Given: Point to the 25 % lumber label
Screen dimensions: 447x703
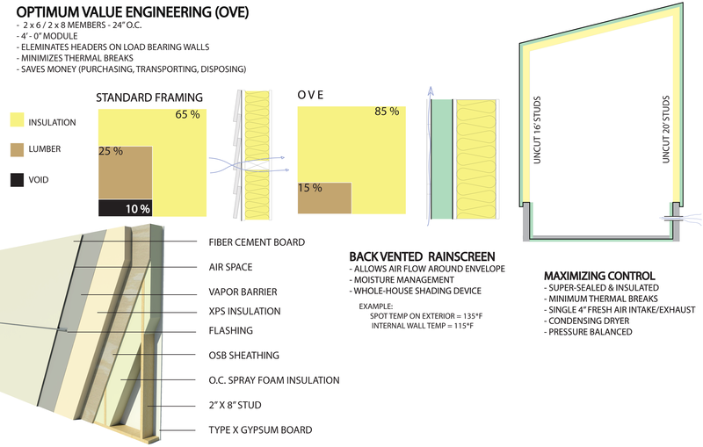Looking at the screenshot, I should point(110,152).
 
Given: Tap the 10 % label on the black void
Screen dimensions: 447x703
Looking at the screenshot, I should point(139,208).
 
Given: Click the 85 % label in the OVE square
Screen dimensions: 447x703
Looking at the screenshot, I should point(387,112).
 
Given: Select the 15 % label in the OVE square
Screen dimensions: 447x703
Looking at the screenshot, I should point(309,187).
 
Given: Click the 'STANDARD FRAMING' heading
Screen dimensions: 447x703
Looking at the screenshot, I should point(149,97).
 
